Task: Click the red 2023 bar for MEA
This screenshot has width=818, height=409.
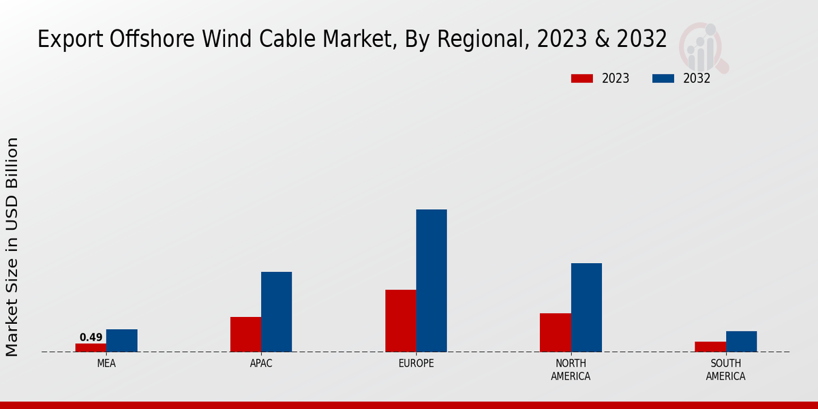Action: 91,348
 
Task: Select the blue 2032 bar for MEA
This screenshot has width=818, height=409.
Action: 121,341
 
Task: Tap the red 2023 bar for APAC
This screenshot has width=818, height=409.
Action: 245,335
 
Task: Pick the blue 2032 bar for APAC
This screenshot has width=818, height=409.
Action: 276,312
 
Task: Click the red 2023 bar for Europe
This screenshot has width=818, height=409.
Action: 400,321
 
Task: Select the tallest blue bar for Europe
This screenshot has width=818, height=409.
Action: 431,281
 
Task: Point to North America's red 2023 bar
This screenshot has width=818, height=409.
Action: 555,333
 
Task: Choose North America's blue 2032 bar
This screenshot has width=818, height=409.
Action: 586,307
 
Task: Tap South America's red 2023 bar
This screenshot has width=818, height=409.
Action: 710,347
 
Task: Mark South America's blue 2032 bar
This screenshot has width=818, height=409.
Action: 741,342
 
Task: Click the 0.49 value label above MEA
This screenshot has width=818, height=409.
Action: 91,337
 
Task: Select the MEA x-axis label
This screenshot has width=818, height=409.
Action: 106,364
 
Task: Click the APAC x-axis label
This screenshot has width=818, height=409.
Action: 261,364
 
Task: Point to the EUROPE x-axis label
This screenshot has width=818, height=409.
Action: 416,364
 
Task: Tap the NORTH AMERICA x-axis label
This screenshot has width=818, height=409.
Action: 571,370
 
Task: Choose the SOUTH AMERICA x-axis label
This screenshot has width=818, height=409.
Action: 725,370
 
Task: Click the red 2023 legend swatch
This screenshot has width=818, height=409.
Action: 581,78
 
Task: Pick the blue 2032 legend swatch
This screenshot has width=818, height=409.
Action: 663,78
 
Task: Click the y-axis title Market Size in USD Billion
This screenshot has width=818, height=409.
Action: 12,247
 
